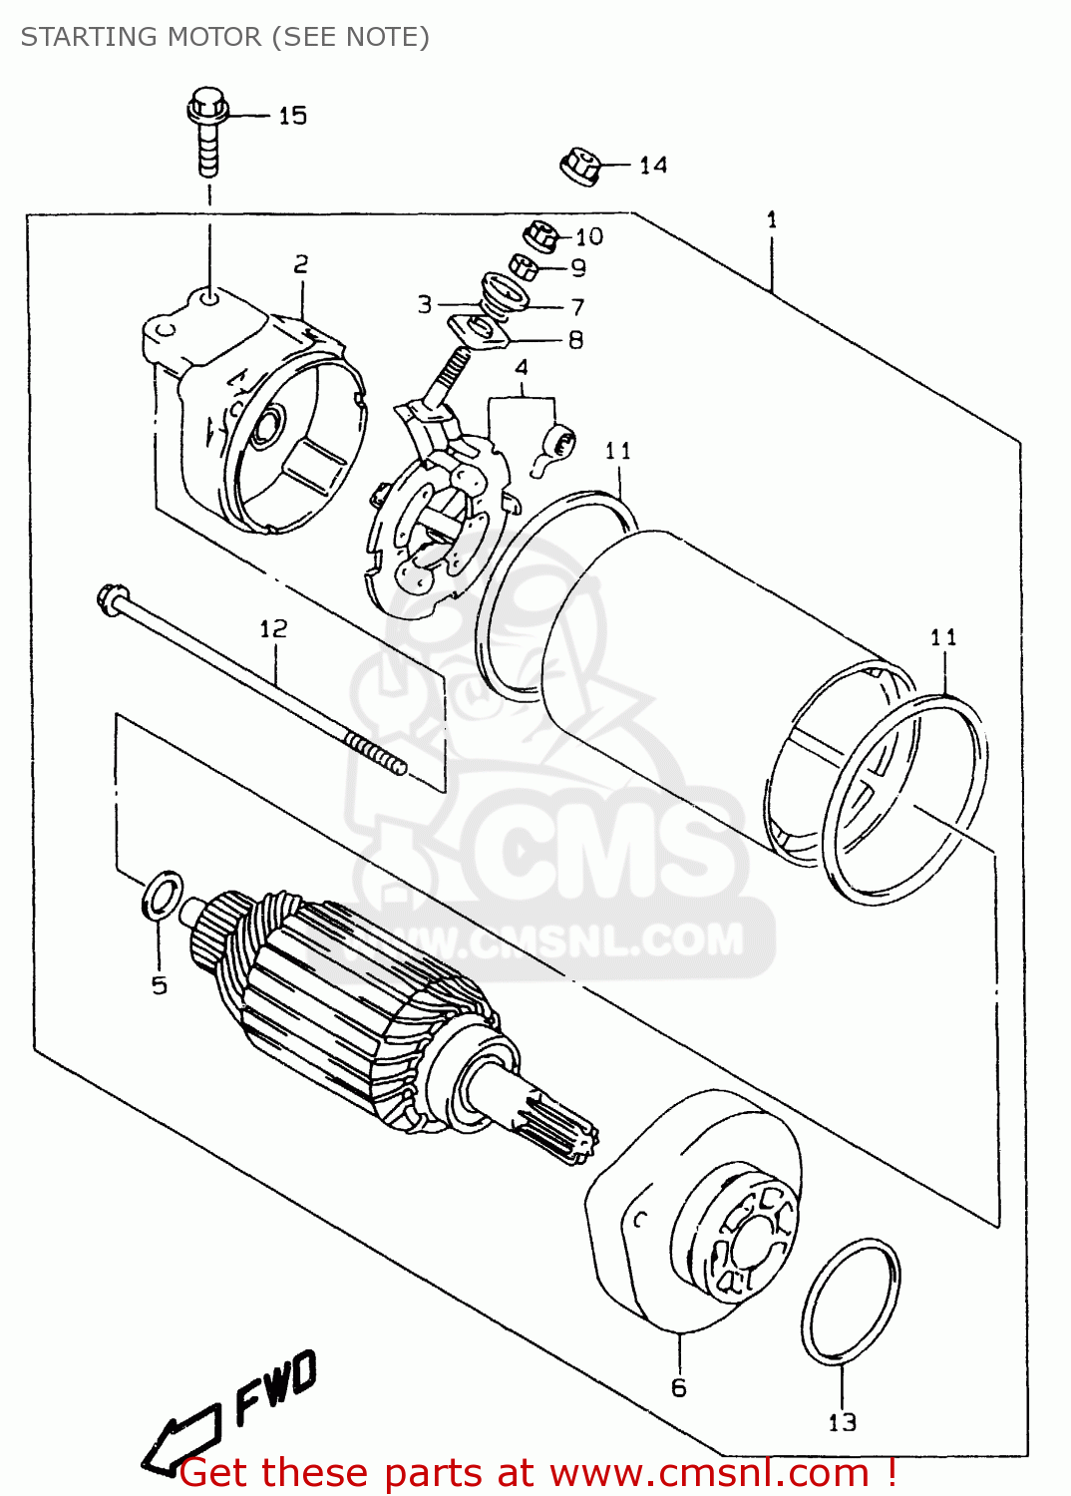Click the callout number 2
300,264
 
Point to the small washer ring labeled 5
163,895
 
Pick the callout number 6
679,1387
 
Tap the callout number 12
273,628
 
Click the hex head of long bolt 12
109,599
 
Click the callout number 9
578,267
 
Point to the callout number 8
575,340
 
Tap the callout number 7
577,307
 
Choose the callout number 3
425,304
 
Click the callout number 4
521,368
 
